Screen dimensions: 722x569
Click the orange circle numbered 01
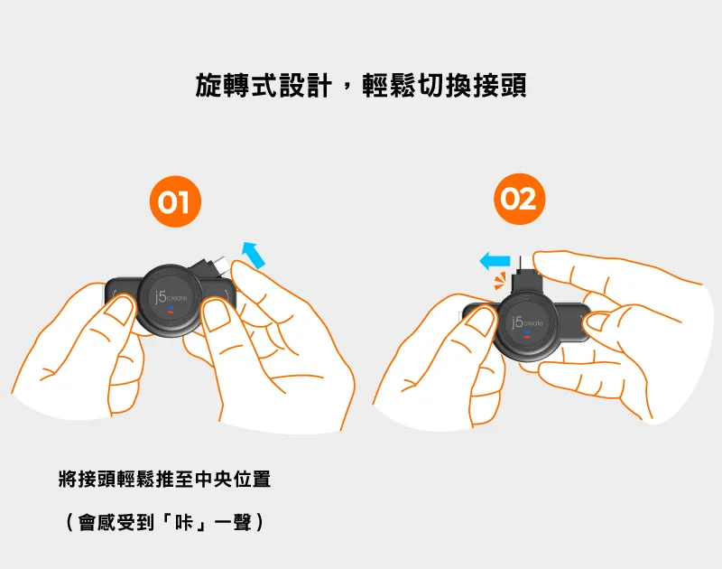(x=175, y=201)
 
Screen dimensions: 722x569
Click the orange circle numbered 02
(x=520, y=199)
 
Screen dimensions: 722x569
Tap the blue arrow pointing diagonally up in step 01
(x=255, y=255)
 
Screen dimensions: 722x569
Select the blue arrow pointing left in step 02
(x=495, y=261)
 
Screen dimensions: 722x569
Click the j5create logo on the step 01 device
(x=171, y=297)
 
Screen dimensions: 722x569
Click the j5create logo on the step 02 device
(x=527, y=322)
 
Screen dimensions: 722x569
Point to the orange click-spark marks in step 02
(x=500, y=281)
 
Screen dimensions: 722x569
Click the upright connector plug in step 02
(x=524, y=274)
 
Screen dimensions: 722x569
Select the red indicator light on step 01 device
(x=170, y=312)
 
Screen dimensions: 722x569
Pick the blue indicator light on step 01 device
(x=170, y=307)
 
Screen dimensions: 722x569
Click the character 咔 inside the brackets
(x=184, y=522)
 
